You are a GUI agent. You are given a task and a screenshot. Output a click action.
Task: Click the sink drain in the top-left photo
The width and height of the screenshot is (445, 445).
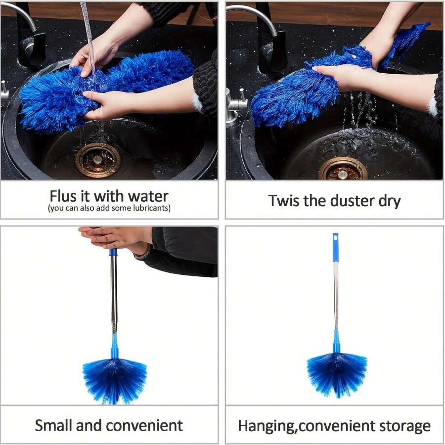[97, 160]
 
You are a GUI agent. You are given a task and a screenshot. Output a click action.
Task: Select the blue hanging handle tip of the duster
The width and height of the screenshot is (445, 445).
[336, 247]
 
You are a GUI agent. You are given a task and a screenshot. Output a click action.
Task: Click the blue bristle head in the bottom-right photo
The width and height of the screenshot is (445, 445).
[337, 373]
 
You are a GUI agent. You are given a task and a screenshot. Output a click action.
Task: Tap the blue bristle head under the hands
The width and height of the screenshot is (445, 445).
[115, 378]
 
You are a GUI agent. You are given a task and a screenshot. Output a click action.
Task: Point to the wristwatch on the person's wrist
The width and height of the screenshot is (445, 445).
[144, 253]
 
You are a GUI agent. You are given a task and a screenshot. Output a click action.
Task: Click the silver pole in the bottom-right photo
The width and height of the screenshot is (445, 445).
[336, 297]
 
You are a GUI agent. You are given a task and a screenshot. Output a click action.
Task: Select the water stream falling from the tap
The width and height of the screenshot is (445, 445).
[89, 35]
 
